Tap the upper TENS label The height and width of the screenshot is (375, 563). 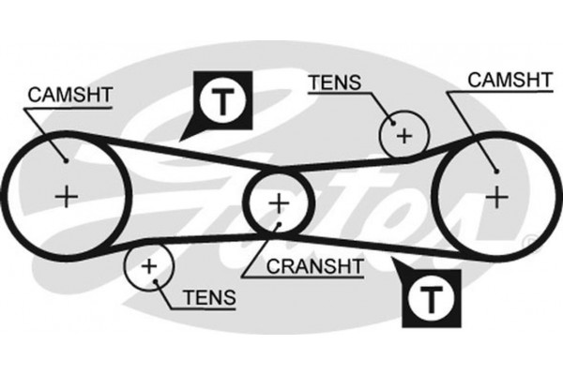click(333, 82)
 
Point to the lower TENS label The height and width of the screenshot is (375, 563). click(207, 298)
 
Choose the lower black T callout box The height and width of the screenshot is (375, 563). click(431, 299)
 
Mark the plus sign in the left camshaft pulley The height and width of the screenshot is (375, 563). click(66, 196)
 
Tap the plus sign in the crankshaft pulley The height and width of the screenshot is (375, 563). click(279, 202)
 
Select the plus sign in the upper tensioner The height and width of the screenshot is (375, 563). click(403, 136)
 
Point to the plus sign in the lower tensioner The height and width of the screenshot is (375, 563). click(148, 266)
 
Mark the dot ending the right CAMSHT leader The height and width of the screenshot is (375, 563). click(495, 170)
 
